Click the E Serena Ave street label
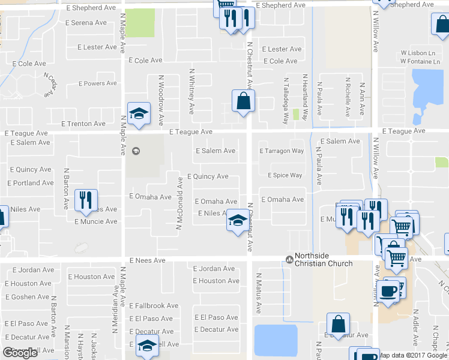click(87, 23)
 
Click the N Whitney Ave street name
click(192, 91)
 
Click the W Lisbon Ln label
click(417, 53)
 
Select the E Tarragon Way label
click(282, 151)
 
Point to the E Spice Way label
click(285, 175)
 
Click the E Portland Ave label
click(31, 183)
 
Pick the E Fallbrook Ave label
click(154, 305)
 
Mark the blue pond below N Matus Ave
click(276, 340)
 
